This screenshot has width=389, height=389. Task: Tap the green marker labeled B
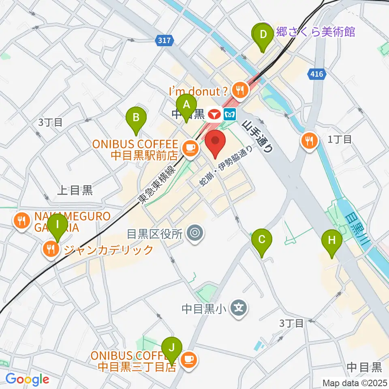click(x=137, y=118)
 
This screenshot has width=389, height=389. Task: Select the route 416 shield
click(x=315, y=74)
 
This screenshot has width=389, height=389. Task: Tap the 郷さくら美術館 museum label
click(x=315, y=32)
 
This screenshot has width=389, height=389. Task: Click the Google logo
click(x=27, y=379)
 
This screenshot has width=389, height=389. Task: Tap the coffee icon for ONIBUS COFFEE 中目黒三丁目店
click(x=188, y=359)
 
